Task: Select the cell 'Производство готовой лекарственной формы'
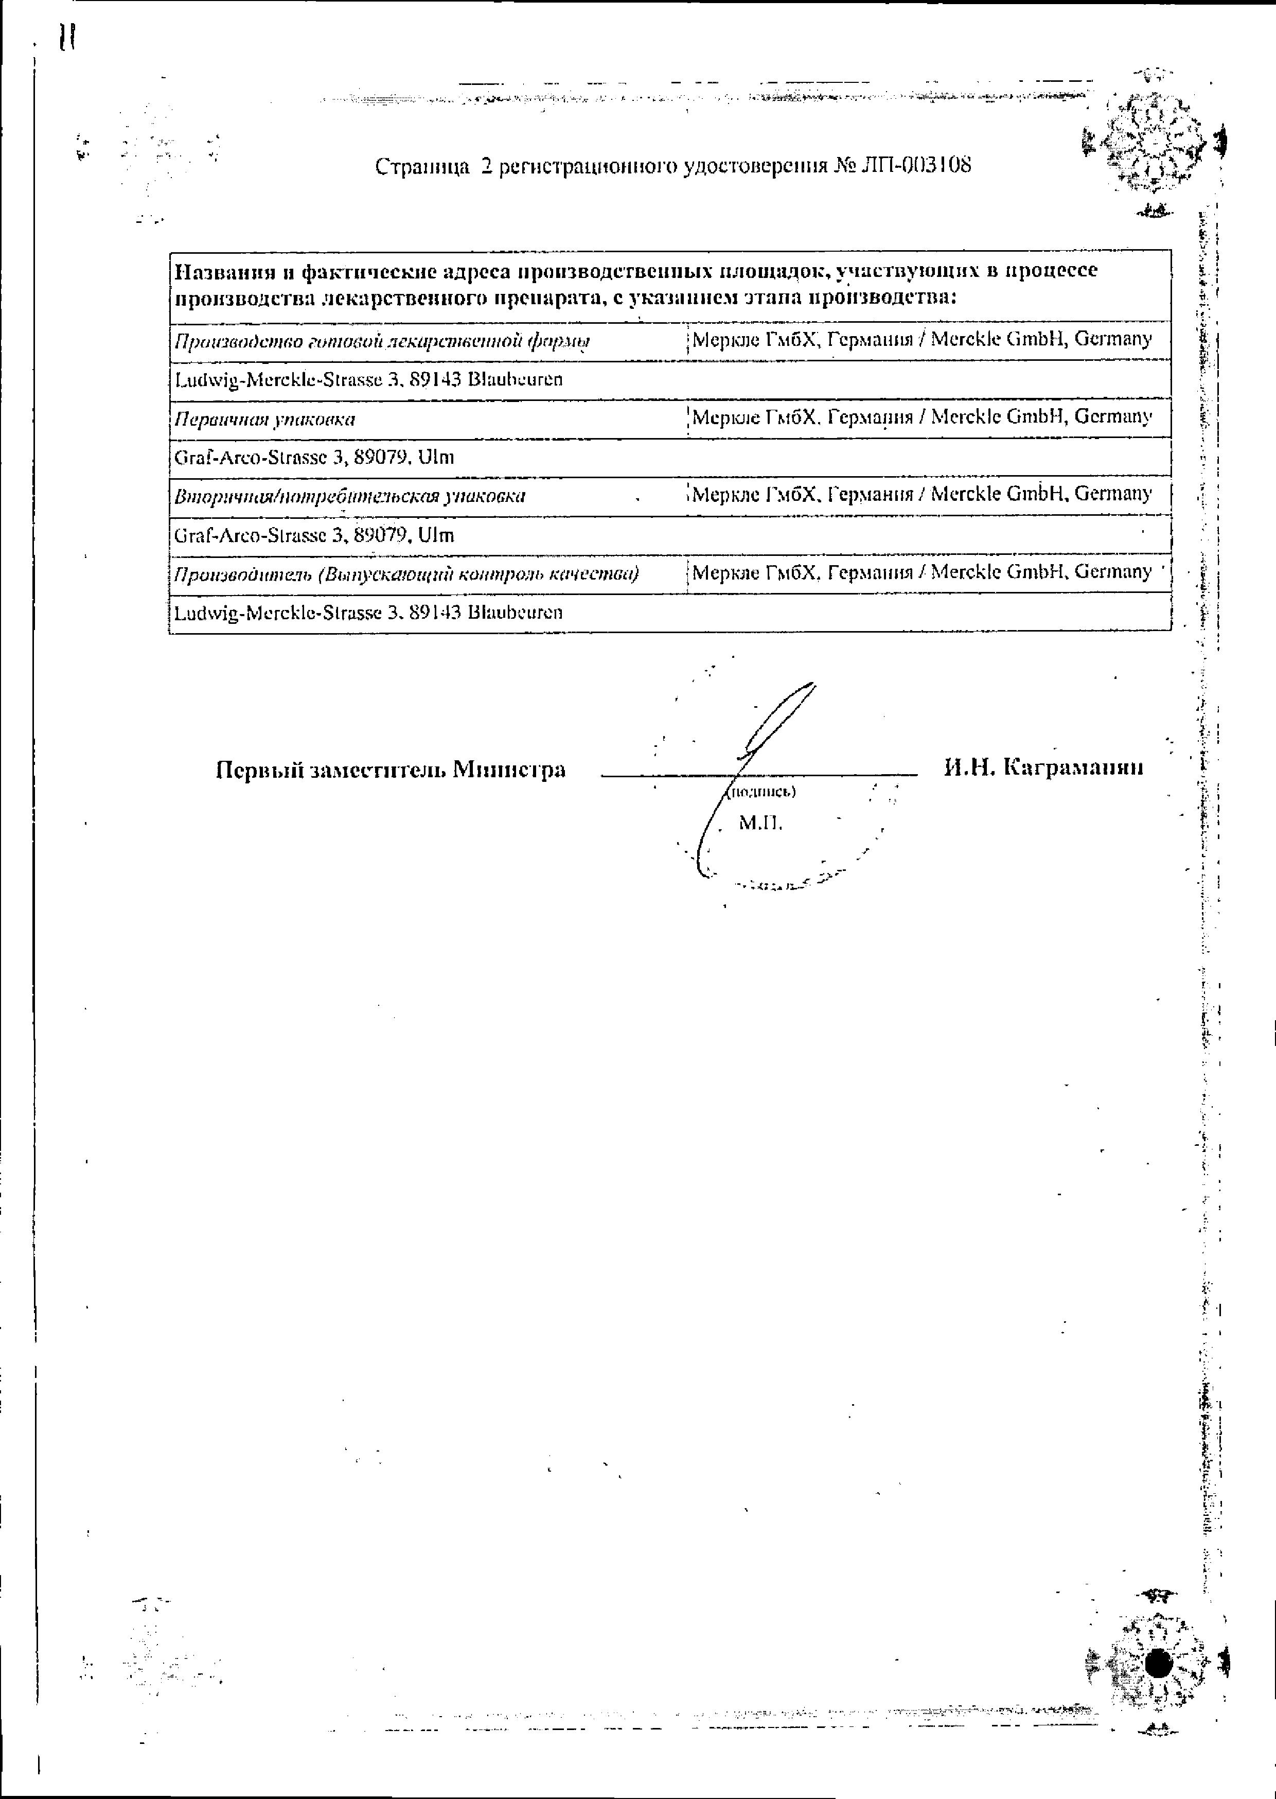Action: (382, 341)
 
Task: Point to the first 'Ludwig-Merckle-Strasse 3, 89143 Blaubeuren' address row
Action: (368, 379)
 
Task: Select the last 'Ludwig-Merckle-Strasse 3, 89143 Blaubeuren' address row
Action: (368, 612)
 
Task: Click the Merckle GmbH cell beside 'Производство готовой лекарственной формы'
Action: (921, 340)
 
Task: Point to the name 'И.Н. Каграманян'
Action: (1043, 767)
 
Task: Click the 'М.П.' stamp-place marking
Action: (760, 823)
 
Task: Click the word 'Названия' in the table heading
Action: (223, 271)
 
